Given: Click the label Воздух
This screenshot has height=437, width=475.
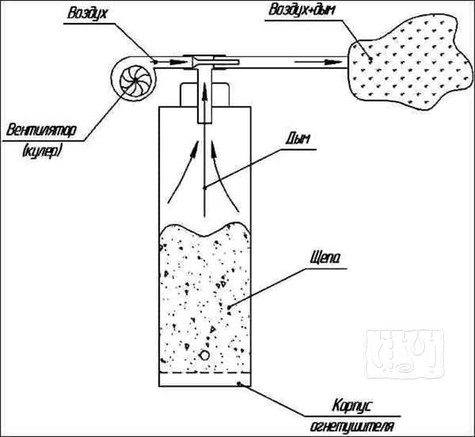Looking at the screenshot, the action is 87,14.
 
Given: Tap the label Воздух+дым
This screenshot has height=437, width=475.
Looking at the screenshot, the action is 302,10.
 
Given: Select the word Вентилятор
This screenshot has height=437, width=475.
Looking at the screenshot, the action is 41,130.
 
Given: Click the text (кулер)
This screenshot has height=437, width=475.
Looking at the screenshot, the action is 42,150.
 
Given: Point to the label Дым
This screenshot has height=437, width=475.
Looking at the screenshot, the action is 297,138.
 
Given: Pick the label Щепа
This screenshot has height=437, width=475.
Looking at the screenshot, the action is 325,258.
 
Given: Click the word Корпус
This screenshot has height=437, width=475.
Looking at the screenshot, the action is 352,406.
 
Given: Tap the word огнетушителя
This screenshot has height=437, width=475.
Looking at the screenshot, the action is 352,426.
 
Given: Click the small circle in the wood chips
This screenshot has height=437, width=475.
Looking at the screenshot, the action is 205,355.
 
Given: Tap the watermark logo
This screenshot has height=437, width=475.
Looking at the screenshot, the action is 404,353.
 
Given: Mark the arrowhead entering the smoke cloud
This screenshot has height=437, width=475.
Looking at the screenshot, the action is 333,62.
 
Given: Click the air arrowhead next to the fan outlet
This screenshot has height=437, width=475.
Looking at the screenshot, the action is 178,62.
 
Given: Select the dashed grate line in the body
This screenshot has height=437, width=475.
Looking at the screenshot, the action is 205,372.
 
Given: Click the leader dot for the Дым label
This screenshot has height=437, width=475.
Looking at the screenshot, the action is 205,188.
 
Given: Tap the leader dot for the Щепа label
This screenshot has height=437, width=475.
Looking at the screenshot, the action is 229,307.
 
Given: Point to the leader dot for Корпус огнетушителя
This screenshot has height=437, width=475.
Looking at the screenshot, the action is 239,383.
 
